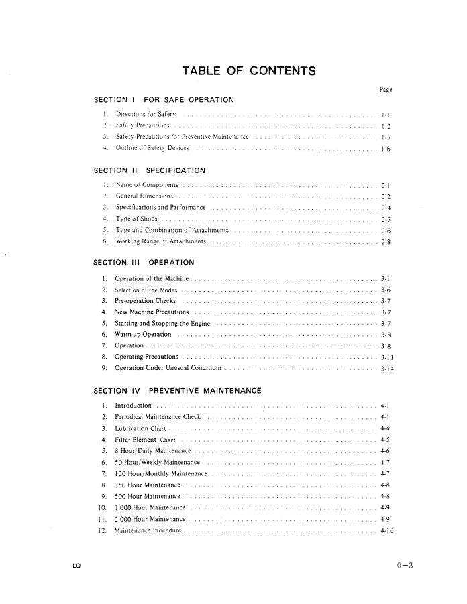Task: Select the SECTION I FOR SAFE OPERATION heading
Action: tap(164, 100)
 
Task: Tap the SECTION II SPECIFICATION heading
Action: tap(150, 170)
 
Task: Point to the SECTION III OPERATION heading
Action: tap(144, 262)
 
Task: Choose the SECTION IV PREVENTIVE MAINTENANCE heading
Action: tap(177, 391)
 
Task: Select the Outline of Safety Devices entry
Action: tap(152, 147)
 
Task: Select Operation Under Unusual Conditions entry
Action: tap(168, 368)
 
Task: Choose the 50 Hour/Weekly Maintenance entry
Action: tap(158, 462)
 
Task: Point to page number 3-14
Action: tap(386, 369)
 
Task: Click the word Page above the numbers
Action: tap(386, 89)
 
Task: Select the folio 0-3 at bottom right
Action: tap(405, 566)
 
